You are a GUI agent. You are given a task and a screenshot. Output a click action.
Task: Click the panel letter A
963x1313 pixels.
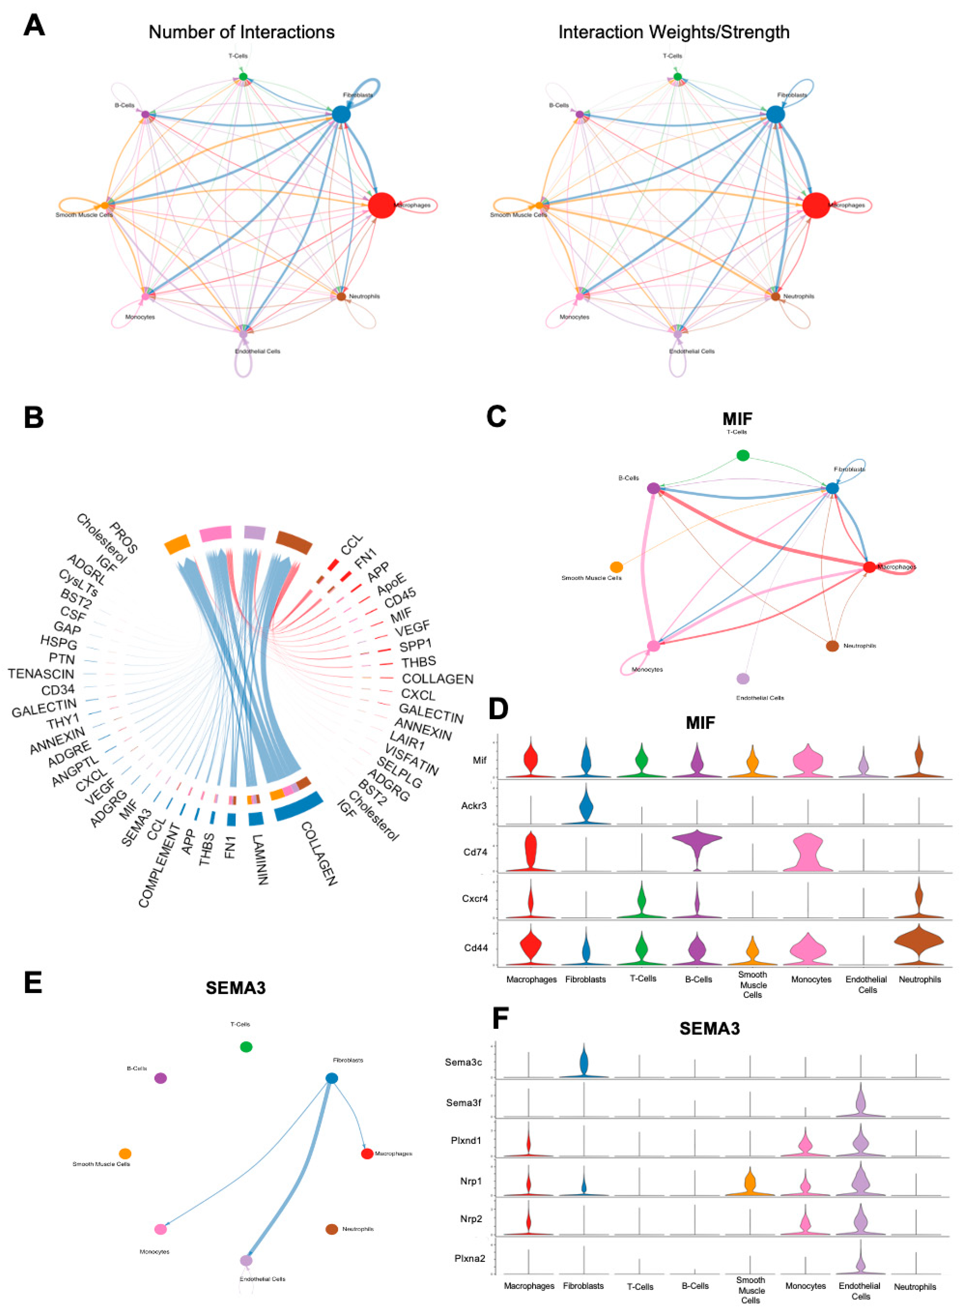pos(34,26)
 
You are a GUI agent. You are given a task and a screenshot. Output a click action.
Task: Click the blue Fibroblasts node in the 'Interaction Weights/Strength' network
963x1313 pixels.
pos(775,114)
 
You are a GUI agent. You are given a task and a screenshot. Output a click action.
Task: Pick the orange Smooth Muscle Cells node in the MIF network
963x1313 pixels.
pos(616,567)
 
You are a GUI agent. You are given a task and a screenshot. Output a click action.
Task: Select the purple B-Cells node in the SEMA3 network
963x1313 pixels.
pos(160,1078)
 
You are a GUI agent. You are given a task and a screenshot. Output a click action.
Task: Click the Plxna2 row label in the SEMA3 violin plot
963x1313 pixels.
pos(470,1258)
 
